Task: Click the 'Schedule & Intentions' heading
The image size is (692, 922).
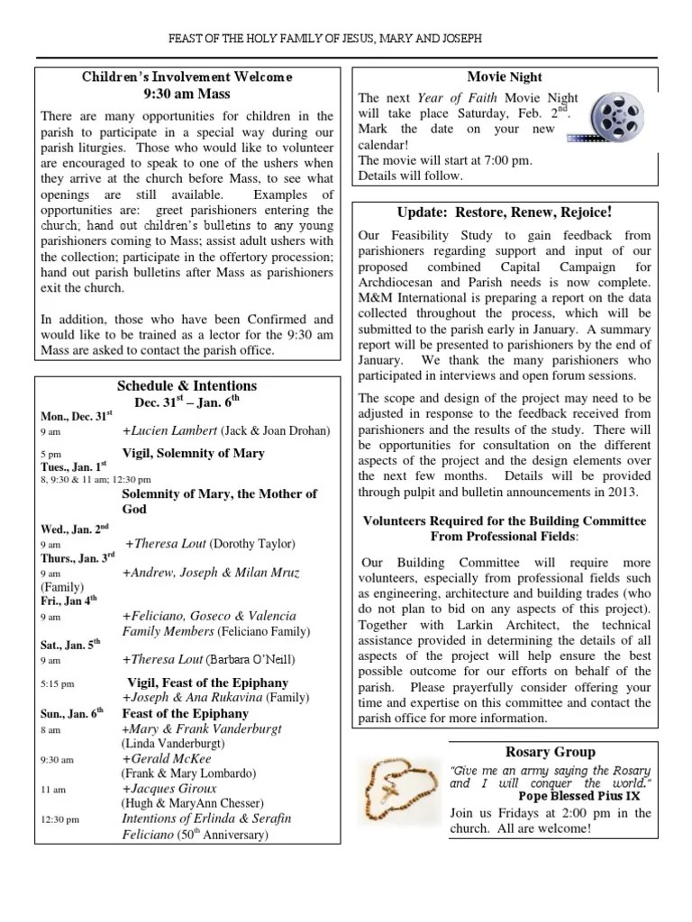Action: [187, 385]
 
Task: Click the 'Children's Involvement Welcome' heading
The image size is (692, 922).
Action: [187, 77]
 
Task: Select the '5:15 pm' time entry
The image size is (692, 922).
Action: [58, 684]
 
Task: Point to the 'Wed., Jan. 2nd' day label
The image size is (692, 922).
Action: [74, 528]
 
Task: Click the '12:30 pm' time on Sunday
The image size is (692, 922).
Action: [59, 819]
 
